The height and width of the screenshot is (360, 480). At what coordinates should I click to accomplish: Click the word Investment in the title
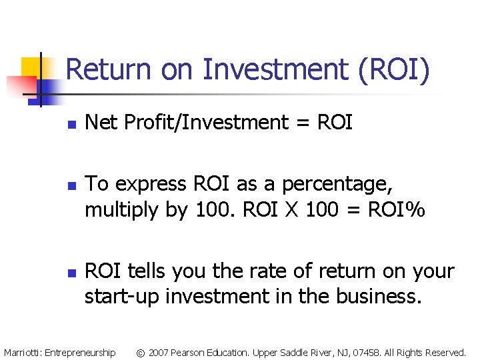(277, 70)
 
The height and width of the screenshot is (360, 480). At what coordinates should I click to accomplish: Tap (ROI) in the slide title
(394, 70)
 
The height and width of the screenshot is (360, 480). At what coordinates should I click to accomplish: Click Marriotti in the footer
(23, 352)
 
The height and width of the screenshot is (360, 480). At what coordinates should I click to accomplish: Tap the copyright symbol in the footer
(141, 352)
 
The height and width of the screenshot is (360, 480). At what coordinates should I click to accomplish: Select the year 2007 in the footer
(161, 352)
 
